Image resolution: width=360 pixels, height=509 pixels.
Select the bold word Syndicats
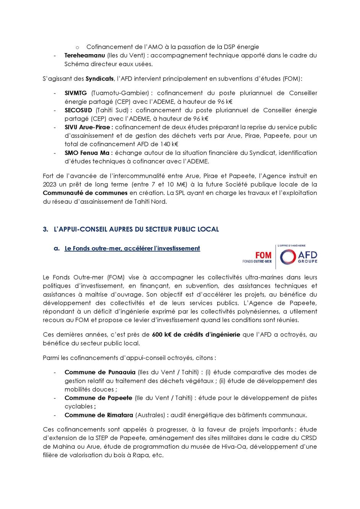coord(100,79)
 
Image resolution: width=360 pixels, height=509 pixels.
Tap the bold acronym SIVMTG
coord(76,93)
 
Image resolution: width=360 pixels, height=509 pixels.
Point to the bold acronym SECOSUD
coord(78,110)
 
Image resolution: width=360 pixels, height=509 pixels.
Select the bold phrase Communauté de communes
coord(85,193)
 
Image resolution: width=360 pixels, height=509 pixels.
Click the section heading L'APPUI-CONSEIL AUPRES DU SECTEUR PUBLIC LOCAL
coord(136,229)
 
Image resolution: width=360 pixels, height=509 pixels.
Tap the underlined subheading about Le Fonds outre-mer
coord(132,248)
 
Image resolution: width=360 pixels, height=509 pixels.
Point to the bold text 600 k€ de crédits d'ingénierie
coord(196,335)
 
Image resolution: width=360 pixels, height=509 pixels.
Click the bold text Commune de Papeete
coord(98,398)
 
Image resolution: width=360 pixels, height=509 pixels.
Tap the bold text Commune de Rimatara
coord(99,415)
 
